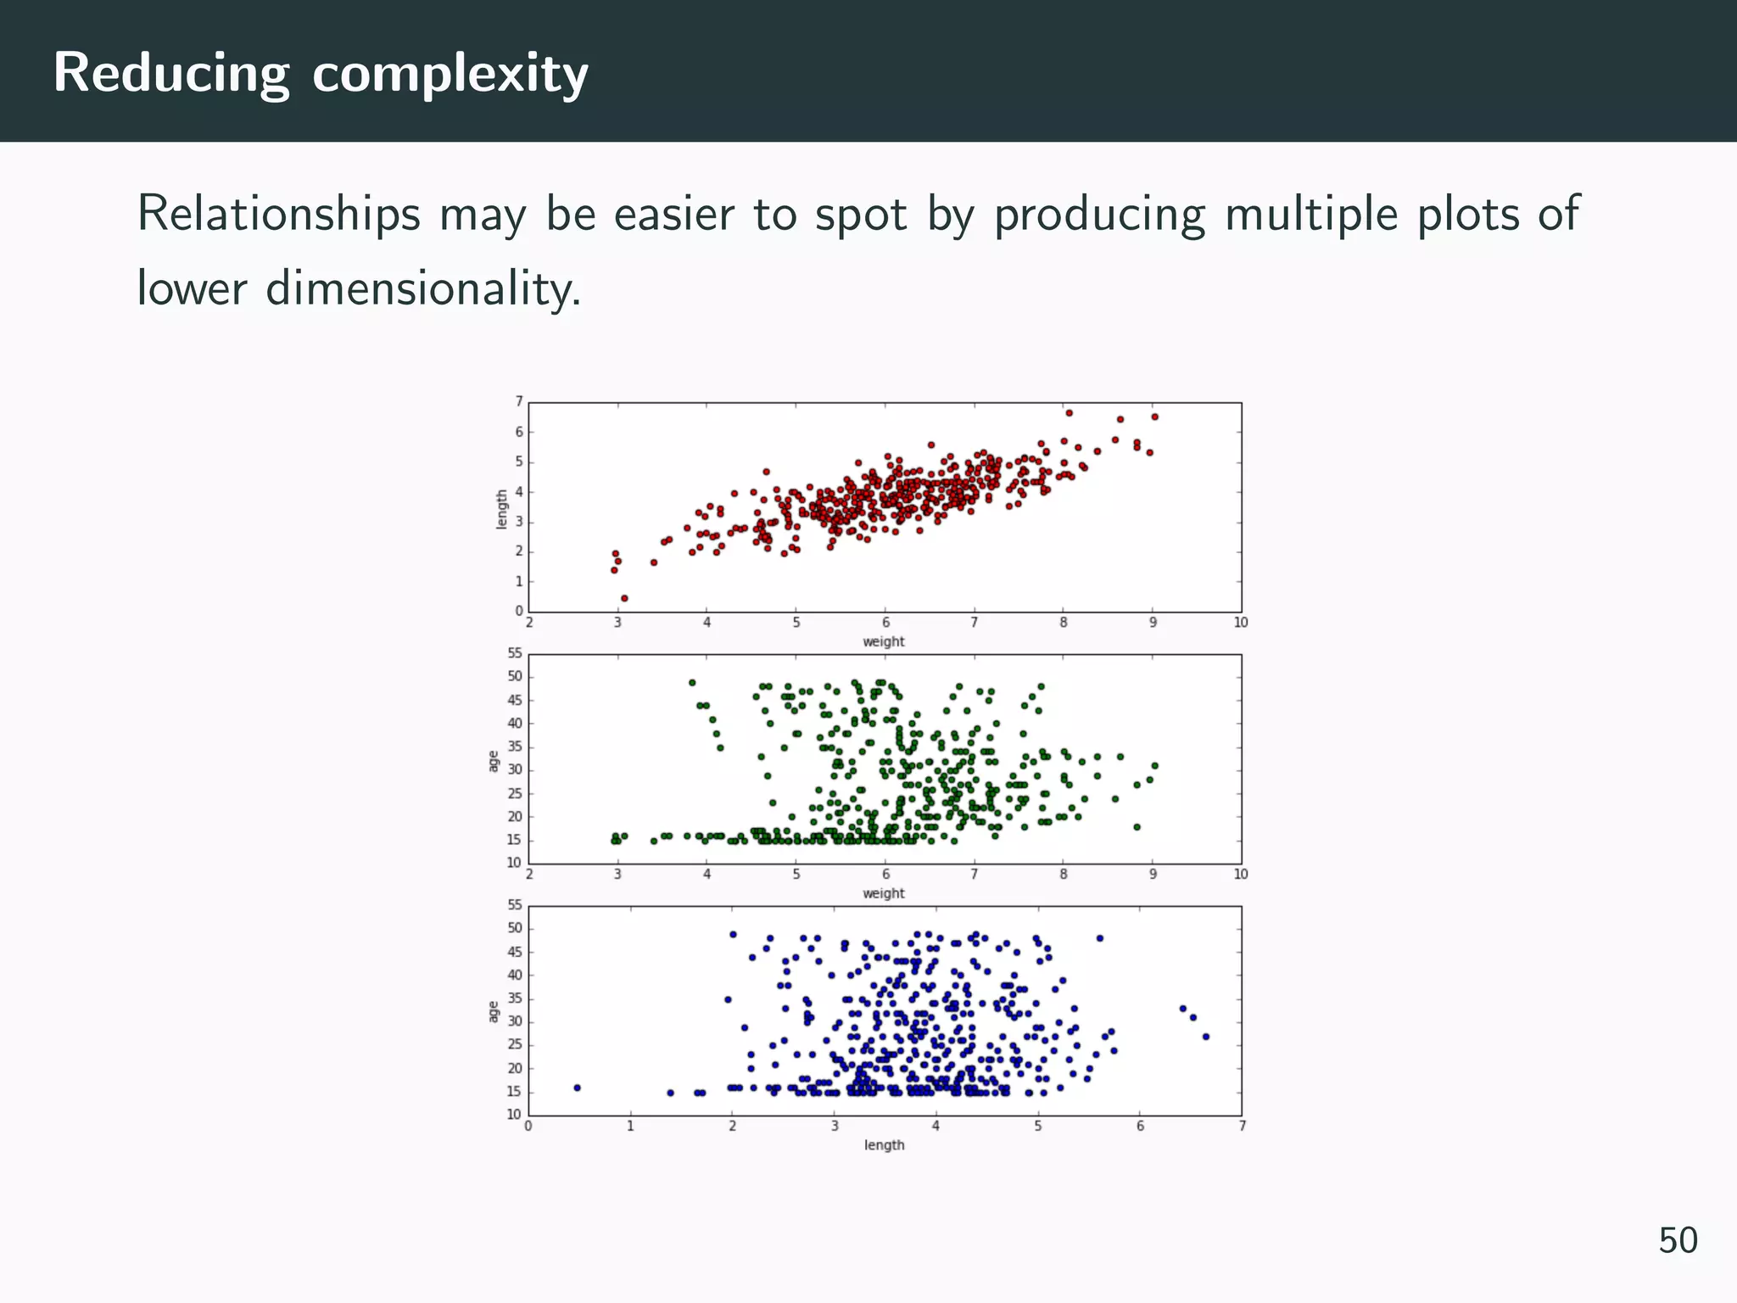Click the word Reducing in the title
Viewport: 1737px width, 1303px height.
pos(170,74)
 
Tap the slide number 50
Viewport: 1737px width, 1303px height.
pos(1678,1240)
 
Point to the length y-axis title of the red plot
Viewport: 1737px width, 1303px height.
pos(501,509)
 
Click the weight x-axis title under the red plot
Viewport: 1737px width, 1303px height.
pos(883,642)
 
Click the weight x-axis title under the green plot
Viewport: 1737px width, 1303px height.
pos(883,893)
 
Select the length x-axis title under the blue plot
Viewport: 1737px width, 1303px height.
pos(884,1145)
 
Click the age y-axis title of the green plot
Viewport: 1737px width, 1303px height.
pos(493,762)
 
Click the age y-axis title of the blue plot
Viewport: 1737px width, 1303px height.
pos(493,1012)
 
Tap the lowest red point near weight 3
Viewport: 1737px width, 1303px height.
pos(624,598)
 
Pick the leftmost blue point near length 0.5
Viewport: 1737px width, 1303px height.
pos(577,1088)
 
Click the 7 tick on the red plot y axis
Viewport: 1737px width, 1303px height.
pos(519,401)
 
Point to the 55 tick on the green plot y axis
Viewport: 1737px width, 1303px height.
pos(515,653)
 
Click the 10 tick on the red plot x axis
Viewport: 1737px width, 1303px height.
pos(1241,623)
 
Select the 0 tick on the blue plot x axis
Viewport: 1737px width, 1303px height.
pos(528,1127)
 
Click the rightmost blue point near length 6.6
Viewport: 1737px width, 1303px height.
pos(1205,1037)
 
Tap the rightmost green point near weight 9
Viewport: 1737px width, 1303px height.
pos(1154,765)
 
